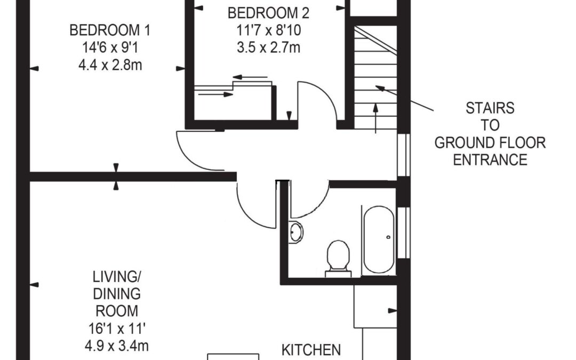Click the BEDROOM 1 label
(x=110, y=30)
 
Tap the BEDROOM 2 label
(x=268, y=13)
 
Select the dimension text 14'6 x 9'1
(x=110, y=48)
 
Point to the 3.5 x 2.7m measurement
(x=268, y=48)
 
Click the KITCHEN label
(x=311, y=350)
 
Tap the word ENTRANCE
(x=490, y=160)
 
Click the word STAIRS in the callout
(x=490, y=108)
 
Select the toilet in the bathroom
(x=338, y=259)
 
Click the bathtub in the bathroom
(x=379, y=239)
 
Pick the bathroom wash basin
(x=296, y=232)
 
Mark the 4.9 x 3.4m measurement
(x=117, y=346)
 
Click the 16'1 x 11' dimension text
(x=117, y=329)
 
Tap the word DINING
(x=117, y=294)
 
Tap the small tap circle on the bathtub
(x=389, y=237)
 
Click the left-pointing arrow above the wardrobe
(x=250, y=77)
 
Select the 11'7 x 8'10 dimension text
(x=268, y=30)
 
